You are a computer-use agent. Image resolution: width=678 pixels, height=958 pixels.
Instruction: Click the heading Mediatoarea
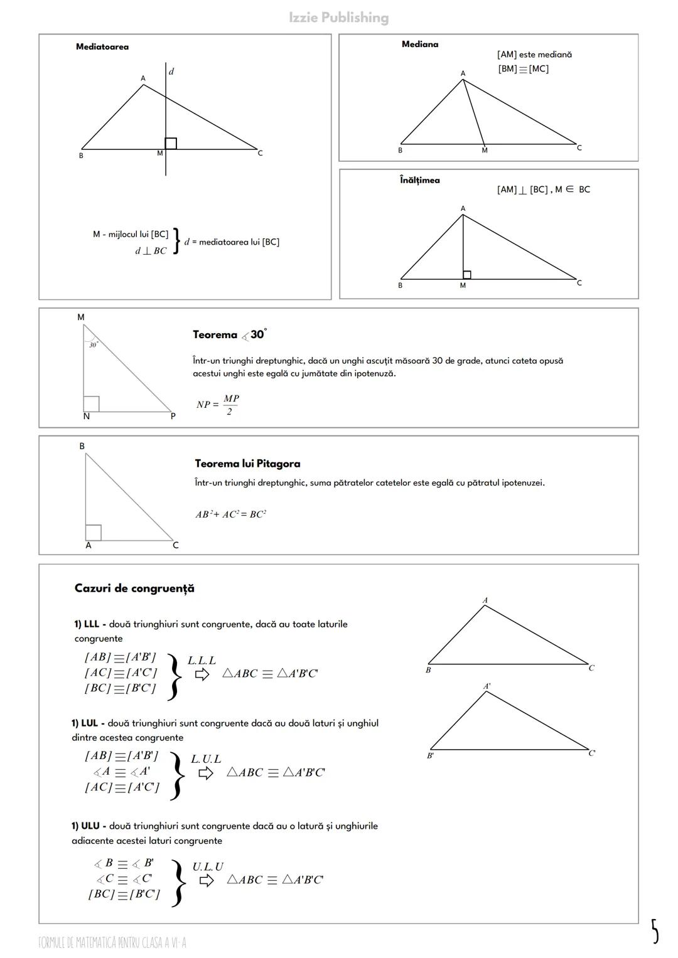coord(102,47)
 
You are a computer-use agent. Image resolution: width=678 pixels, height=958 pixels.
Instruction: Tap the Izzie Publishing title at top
coord(338,18)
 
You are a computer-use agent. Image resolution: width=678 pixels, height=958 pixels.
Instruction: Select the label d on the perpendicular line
coord(171,72)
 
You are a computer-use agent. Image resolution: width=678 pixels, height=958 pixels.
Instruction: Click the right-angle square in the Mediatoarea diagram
coord(171,144)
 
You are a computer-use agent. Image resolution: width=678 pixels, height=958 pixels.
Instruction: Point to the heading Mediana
coord(420,45)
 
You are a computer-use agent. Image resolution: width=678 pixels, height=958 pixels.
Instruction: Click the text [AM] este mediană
coord(534,55)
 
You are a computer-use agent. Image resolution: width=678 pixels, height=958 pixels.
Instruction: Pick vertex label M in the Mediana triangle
coord(484,151)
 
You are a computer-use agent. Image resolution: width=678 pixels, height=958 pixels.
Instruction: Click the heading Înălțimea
coord(420,181)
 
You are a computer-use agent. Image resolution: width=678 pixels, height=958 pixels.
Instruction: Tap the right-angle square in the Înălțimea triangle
coord(466,275)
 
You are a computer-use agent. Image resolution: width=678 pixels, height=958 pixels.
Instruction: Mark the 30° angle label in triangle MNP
coord(93,345)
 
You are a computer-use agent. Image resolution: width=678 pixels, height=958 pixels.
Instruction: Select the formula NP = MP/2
coord(217,405)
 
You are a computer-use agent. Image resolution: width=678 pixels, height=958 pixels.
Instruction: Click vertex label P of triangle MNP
coord(173,416)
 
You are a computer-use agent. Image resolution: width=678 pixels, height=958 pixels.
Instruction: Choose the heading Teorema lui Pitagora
coord(247,464)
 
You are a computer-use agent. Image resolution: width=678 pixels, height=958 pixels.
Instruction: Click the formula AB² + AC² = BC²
coord(230,514)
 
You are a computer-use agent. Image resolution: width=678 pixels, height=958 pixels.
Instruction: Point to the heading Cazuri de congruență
coord(134,588)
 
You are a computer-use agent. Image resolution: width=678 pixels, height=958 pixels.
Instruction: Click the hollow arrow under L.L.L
coord(202,674)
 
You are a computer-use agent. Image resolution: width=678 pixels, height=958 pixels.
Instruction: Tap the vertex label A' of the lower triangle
coord(487,686)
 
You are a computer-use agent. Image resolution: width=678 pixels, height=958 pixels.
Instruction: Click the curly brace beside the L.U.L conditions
coord(178,775)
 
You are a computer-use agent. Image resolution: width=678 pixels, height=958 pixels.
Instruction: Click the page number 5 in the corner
coord(654,931)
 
